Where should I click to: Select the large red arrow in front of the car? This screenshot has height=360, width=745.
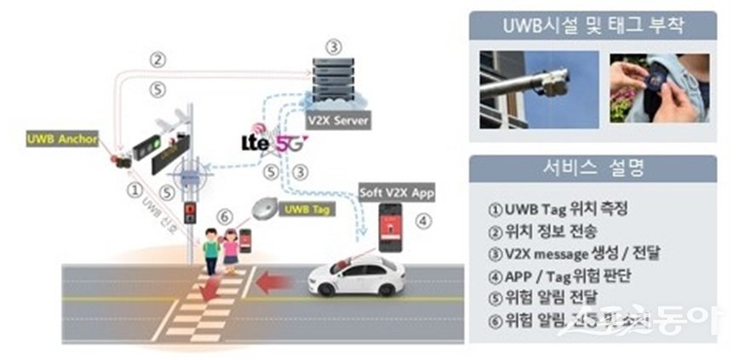(277, 282)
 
